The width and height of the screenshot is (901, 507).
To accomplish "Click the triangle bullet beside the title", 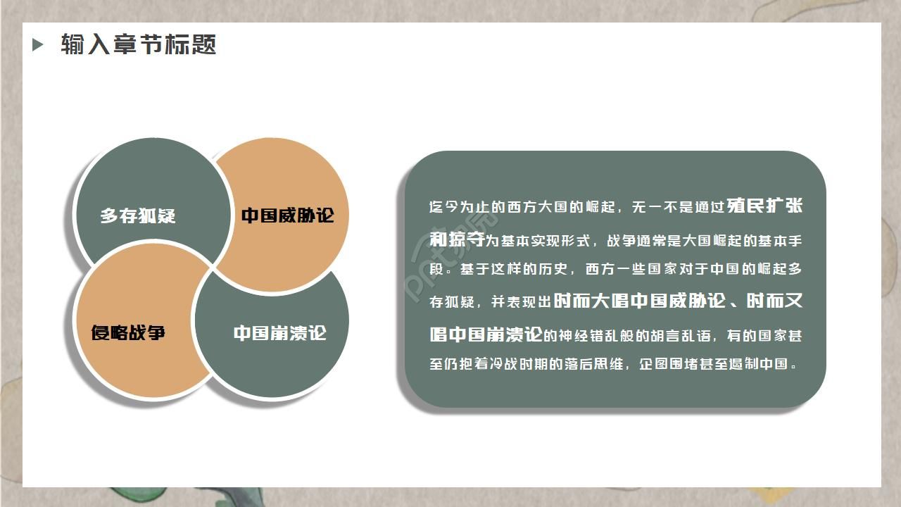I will pos(38,45).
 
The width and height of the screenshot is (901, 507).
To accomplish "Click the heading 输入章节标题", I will pos(138,45).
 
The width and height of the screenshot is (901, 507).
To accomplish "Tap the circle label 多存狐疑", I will pos(137,215).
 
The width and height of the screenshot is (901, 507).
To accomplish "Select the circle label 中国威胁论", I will pos(287,215).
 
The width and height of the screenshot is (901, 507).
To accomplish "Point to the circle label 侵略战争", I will pos(128,332).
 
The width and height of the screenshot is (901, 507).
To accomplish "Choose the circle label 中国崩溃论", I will pos(280,332).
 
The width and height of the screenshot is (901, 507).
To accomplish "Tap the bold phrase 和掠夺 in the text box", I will pos(457,239).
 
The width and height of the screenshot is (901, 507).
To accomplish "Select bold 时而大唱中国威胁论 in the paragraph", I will pos(639,301).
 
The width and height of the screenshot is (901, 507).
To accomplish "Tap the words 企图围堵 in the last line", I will pos(669,365).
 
